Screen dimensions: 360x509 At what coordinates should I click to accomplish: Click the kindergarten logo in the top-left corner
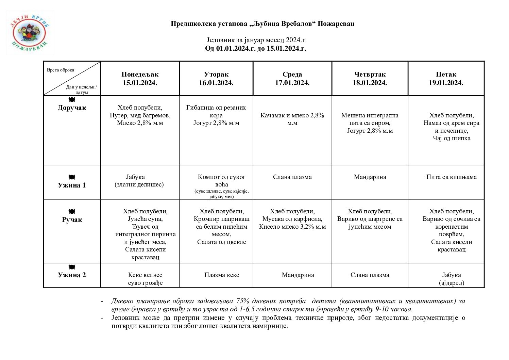(x=30, y=33)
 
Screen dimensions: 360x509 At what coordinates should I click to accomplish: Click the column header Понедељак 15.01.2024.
(x=140, y=78)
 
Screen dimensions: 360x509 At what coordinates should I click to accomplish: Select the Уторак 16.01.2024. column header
(x=216, y=78)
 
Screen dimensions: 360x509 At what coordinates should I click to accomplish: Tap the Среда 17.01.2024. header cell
(x=292, y=78)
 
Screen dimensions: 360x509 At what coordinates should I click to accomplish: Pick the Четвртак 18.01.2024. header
(x=370, y=78)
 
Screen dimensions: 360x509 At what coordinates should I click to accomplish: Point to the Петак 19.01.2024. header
(x=446, y=78)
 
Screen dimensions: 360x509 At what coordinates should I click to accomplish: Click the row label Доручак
(x=72, y=108)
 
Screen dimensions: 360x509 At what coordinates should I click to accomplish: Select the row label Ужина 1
(x=72, y=185)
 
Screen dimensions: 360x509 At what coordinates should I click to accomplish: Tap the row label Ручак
(x=72, y=220)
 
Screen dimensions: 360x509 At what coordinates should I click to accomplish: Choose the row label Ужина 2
(x=72, y=275)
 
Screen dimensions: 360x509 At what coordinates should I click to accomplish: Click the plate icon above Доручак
(x=72, y=100)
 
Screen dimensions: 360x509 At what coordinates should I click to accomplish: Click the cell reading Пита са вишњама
(x=451, y=177)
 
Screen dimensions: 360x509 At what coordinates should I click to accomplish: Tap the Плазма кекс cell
(x=221, y=275)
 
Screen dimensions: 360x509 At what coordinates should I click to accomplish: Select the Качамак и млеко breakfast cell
(x=292, y=119)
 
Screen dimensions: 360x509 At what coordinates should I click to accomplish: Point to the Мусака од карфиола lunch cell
(x=292, y=219)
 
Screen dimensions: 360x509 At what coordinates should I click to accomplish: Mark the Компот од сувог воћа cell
(x=221, y=181)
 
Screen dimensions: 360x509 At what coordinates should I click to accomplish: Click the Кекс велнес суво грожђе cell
(x=145, y=279)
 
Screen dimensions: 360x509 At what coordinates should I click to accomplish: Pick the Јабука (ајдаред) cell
(x=451, y=279)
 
